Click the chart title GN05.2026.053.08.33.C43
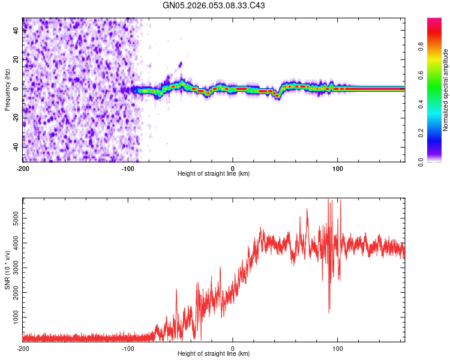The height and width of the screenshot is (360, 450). click(x=214, y=5)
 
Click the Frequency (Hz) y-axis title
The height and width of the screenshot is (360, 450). click(x=7, y=89)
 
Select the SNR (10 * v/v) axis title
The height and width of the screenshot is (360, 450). click(x=7, y=269)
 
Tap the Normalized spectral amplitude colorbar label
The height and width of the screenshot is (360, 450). click(x=445, y=90)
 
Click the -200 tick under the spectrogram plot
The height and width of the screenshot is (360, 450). click(x=23, y=167)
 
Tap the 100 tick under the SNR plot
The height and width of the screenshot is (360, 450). click(x=337, y=349)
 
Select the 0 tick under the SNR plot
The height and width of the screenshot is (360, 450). click(x=233, y=349)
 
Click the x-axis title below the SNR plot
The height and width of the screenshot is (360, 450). click(x=214, y=354)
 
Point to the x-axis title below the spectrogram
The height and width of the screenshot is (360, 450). click(x=214, y=173)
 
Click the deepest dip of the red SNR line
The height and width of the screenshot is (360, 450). click(x=329, y=312)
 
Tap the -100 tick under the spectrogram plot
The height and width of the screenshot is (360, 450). click(x=128, y=167)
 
